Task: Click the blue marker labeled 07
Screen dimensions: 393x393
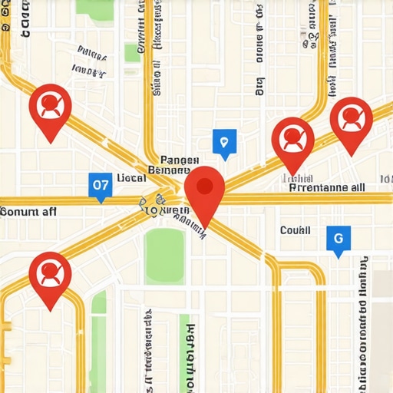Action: [101, 185]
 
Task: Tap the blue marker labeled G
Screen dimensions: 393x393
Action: [338, 239]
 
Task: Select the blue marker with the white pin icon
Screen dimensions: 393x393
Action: [223, 142]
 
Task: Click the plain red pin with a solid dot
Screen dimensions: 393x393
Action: [204, 193]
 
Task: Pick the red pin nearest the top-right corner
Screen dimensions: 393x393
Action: [351, 123]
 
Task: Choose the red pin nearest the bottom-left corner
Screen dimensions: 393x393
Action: [50, 276]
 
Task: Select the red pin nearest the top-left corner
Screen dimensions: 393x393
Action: [50, 109]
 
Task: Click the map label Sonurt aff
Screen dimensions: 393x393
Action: [28, 211]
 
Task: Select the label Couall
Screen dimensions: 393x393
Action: [295, 230]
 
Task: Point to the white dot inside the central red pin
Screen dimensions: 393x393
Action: [204, 186]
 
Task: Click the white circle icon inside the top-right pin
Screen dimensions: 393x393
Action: [351, 117]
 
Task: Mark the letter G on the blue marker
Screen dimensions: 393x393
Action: [338, 237]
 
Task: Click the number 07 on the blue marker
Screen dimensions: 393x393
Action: [101, 184]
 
